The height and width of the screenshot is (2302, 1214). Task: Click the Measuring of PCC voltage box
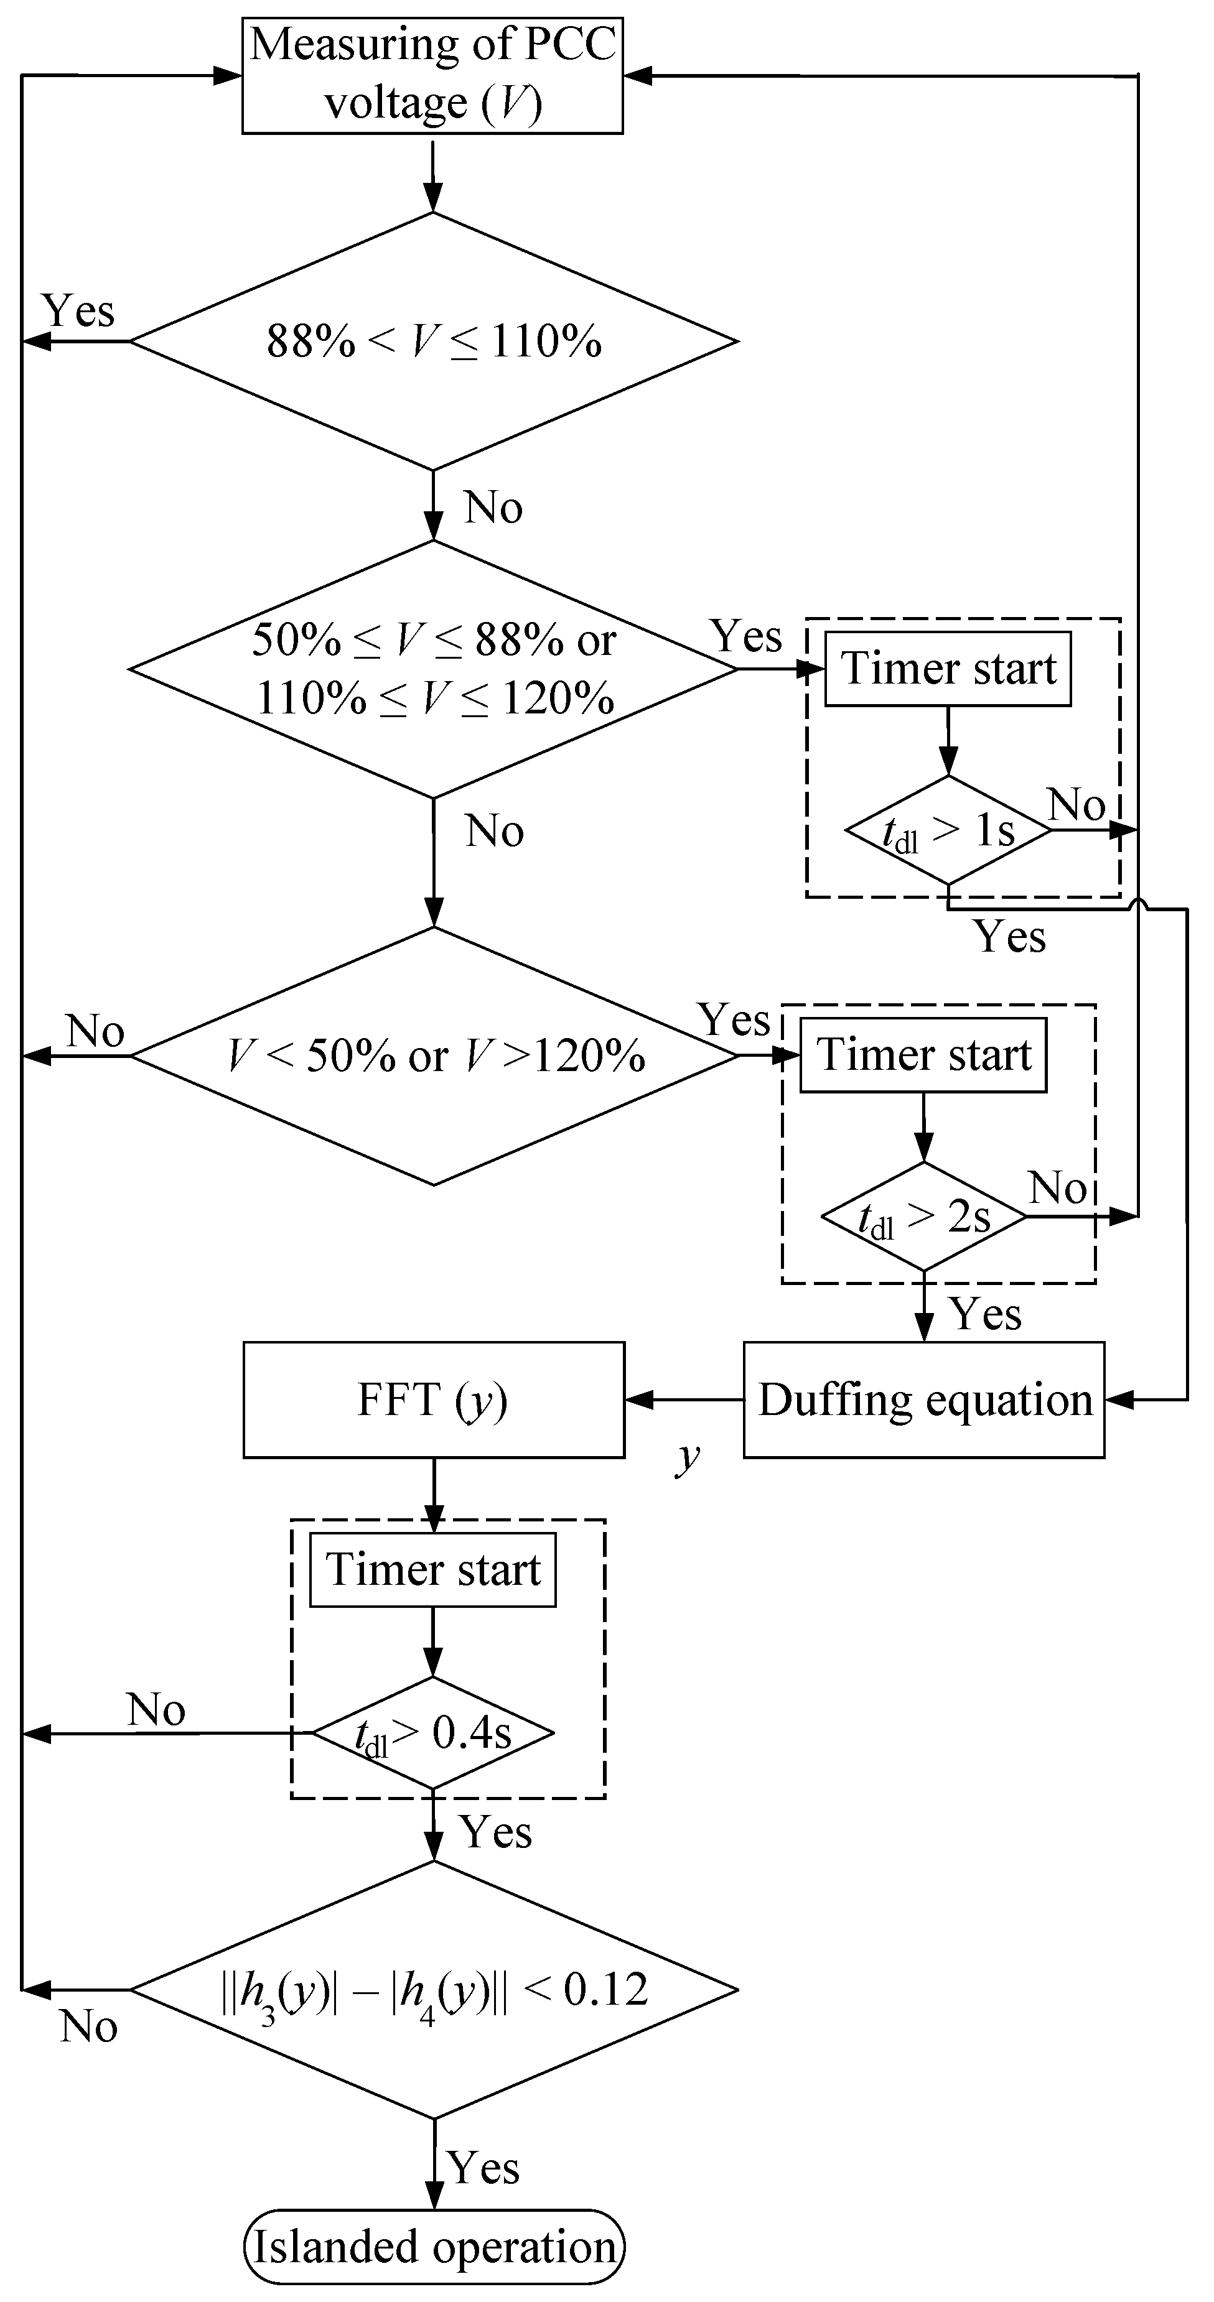[432, 76]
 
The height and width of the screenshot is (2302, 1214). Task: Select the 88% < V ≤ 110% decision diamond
[434, 340]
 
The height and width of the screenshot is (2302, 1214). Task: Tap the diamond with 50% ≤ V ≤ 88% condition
[434, 669]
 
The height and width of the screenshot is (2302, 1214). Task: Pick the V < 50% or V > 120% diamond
[434, 1056]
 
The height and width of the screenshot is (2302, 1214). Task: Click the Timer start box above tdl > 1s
[948, 669]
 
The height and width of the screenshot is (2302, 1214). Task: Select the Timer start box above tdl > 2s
[923, 1054]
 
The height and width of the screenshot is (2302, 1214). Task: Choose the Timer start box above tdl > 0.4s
[432, 1570]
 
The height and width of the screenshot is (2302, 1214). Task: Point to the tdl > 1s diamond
[948, 830]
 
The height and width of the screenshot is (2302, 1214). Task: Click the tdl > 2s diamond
[923, 1216]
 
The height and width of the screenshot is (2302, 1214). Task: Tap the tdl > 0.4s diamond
[432, 1733]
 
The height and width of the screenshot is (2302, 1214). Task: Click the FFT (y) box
[434, 1400]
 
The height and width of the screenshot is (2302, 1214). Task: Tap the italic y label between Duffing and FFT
[686, 1455]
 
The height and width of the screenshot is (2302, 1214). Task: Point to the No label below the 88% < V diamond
[493, 508]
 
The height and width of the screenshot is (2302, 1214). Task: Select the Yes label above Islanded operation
[483, 2167]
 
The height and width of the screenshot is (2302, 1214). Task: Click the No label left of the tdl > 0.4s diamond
[156, 1709]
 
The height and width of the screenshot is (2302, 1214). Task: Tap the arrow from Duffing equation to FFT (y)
[684, 1400]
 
